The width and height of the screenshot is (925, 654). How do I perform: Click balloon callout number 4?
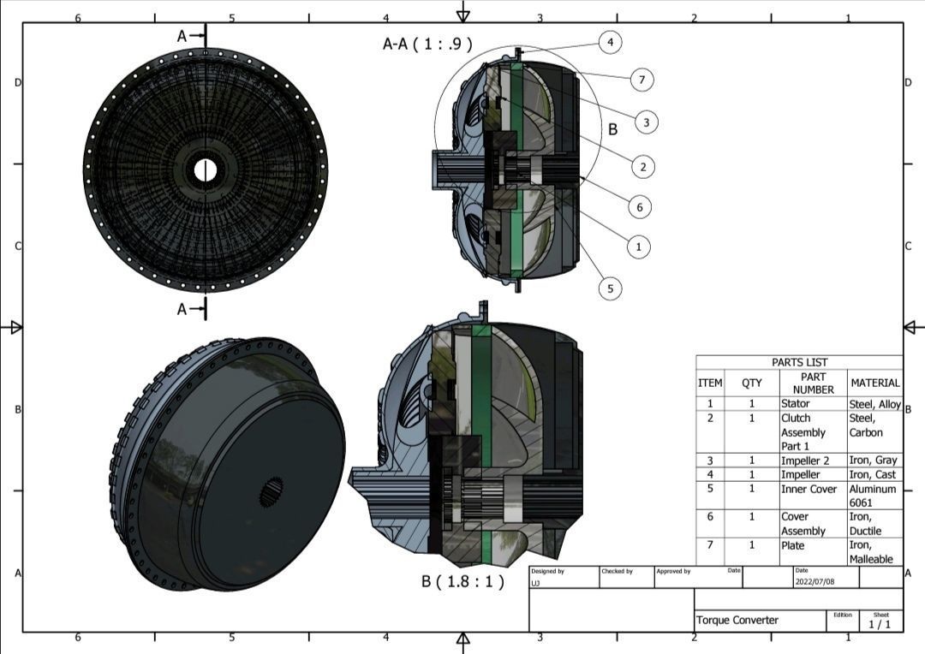tap(610, 41)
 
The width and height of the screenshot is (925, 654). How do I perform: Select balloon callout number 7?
tap(641, 80)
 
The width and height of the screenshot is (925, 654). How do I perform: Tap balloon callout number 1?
tap(637, 247)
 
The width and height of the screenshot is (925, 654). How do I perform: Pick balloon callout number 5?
tap(610, 288)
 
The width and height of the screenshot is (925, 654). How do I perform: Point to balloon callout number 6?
tap(639, 206)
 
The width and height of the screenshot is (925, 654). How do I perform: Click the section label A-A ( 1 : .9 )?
tap(427, 44)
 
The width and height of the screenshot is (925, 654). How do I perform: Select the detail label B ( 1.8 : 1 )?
tap(462, 581)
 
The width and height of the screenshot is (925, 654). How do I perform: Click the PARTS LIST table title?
tap(799, 362)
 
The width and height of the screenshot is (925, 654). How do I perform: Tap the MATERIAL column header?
tap(874, 383)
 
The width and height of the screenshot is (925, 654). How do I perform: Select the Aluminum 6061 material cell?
tap(873, 496)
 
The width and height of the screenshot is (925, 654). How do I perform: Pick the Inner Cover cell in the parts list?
tap(809, 489)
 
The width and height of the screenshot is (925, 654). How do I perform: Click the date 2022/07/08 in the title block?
tap(815, 581)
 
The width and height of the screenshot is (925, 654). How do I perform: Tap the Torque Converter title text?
tap(737, 620)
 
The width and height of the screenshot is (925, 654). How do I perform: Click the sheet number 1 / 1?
tap(880, 624)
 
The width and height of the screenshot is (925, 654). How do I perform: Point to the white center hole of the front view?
tap(205, 169)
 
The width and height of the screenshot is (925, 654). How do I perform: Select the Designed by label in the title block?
tap(547, 571)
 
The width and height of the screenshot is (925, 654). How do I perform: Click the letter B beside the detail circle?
tap(612, 129)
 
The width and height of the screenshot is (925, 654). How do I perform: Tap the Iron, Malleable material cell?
tap(873, 551)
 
